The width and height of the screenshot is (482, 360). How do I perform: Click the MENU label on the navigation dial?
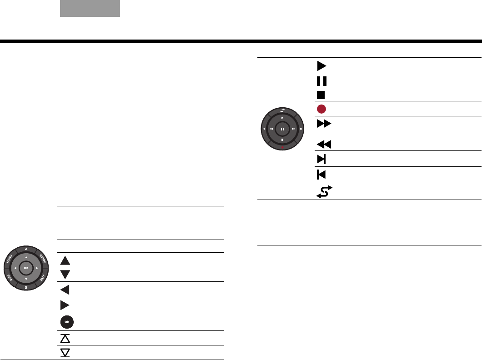click(9, 259)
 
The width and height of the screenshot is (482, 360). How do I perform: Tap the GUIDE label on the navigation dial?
click(43, 259)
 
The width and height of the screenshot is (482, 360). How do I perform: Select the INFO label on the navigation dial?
click(10, 278)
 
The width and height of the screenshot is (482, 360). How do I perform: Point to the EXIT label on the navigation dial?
click(43, 278)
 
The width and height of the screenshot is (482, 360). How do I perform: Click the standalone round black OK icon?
click(67, 322)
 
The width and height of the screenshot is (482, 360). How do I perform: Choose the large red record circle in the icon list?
click(321, 109)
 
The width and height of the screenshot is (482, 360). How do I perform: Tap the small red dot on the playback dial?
click(282, 147)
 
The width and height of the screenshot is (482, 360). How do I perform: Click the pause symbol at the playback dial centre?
click(282, 129)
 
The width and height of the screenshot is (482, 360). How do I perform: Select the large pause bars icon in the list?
click(321, 81)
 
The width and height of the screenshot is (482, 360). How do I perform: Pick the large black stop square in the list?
click(321, 95)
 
